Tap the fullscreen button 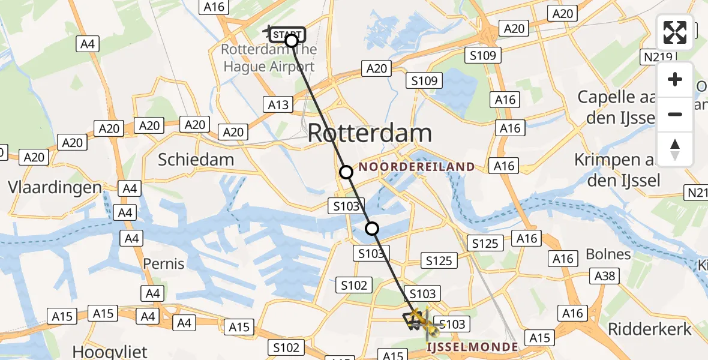pyautogui.click(x=675, y=32)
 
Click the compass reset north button pyautogui.click(x=675, y=149)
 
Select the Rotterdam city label pyautogui.click(x=370, y=133)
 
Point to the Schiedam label pyautogui.click(x=196, y=160)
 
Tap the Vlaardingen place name pyautogui.click(x=55, y=187)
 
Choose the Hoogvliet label pyautogui.click(x=110, y=351)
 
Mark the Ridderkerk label pyautogui.click(x=650, y=329)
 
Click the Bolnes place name pyautogui.click(x=608, y=254)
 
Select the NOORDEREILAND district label pyautogui.click(x=418, y=167)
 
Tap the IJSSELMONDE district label pyautogui.click(x=472, y=347)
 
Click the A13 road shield pyautogui.click(x=278, y=105)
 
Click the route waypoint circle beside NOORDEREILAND pyautogui.click(x=346, y=172)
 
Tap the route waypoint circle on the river pyautogui.click(x=372, y=228)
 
